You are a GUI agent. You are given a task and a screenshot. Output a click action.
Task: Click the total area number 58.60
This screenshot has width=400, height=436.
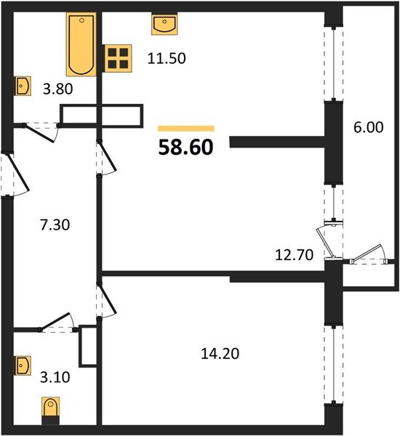pos(185,148)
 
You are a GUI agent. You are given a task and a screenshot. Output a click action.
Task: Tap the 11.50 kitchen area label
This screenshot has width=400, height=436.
pos(168,58)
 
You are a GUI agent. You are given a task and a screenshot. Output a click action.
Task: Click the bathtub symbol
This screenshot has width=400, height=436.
pos(81,44)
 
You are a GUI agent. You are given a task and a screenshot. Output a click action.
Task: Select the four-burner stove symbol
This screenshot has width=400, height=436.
pos(118,58)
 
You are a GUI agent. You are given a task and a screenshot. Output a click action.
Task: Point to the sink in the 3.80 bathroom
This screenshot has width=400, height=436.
pos(23,86)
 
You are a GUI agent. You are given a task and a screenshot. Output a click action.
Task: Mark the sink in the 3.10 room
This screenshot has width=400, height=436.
pos(23,363)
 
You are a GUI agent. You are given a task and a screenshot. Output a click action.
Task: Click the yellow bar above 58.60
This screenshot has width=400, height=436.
pos(185,128)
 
